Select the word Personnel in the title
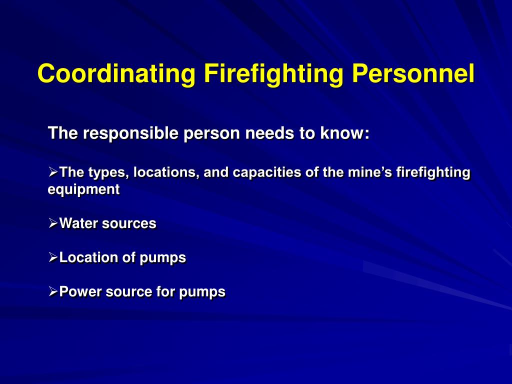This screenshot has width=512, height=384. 413,73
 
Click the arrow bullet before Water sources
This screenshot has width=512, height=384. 53,223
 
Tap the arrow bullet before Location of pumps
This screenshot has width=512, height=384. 53,257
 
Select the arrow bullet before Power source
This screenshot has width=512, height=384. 53,291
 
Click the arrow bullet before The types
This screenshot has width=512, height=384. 53,172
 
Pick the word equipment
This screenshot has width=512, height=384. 84,190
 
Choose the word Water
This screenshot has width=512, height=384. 78,223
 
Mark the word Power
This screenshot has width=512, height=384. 80,291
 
